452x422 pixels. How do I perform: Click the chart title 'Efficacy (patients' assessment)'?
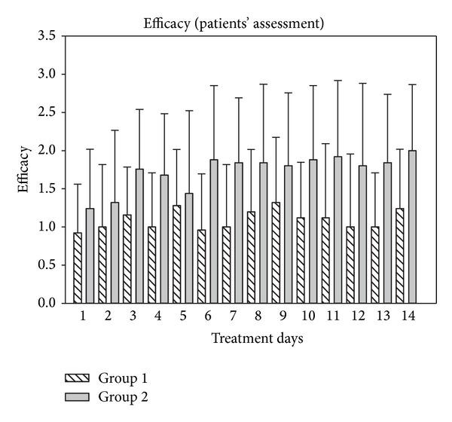(x=234, y=23)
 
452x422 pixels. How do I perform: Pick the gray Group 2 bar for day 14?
(x=412, y=227)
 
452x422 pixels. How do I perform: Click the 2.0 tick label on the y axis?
(x=47, y=151)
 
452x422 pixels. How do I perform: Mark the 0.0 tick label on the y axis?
(x=47, y=303)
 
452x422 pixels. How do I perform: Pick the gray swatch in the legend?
(x=82, y=396)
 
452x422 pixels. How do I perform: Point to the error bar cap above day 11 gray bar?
(x=338, y=81)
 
